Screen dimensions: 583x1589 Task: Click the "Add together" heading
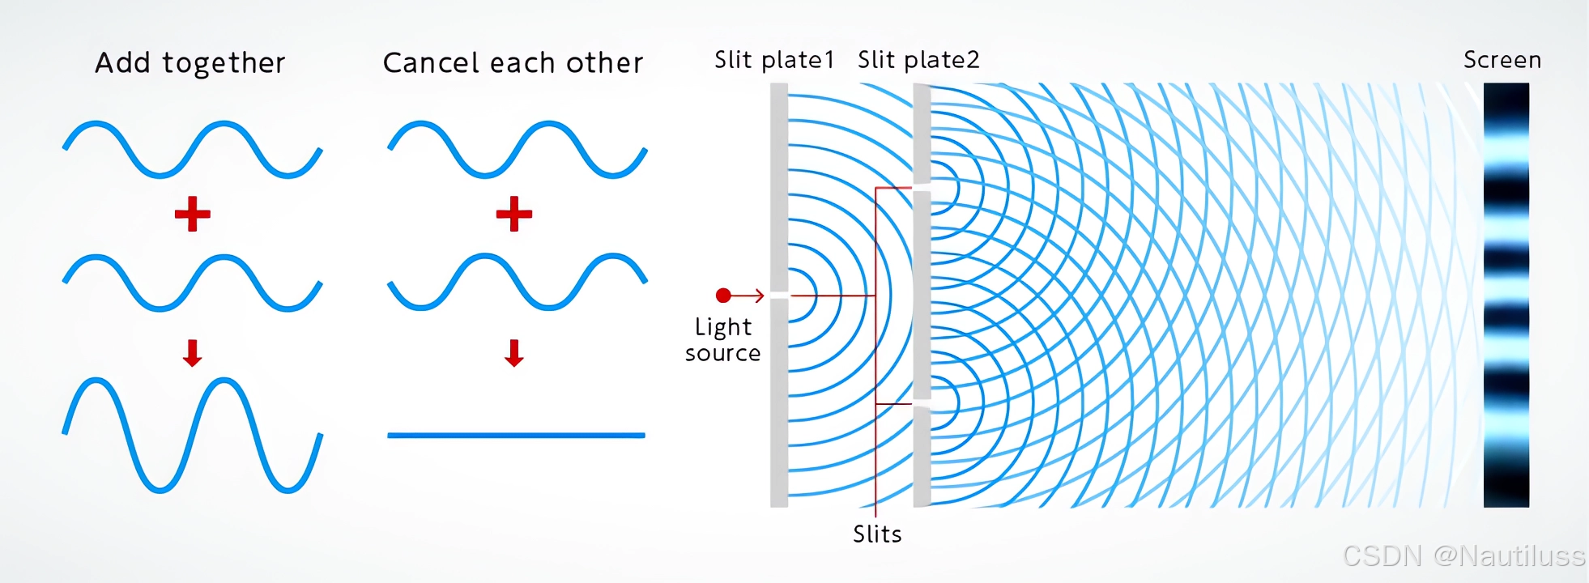point(190,63)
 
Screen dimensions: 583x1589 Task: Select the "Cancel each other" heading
point(513,63)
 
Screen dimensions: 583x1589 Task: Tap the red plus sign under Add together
point(193,214)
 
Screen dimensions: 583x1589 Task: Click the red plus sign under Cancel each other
point(514,214)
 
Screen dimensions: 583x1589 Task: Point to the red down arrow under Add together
point(192,353)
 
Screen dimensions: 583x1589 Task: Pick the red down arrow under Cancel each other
point(514,353)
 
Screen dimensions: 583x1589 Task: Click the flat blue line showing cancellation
point(516,436)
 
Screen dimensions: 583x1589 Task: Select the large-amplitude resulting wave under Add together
point(193,435)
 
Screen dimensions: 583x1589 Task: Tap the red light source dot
point(723,296)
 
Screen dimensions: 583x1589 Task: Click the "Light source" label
point(722,340)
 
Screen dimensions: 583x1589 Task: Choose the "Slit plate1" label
point(773,60)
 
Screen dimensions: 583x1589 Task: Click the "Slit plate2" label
point(918,60)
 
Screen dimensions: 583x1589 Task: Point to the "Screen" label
point(1502,60)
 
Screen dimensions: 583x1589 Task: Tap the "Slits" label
point(877,534)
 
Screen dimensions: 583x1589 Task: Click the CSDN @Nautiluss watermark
point(1463,555)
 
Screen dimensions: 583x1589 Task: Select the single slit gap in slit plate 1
point(779,296)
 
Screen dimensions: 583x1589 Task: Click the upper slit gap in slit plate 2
point(922,188)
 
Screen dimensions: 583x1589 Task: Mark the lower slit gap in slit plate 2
point(922,402)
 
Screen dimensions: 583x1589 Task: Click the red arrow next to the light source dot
point(749,296)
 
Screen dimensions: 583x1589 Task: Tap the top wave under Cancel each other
point(517,150)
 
